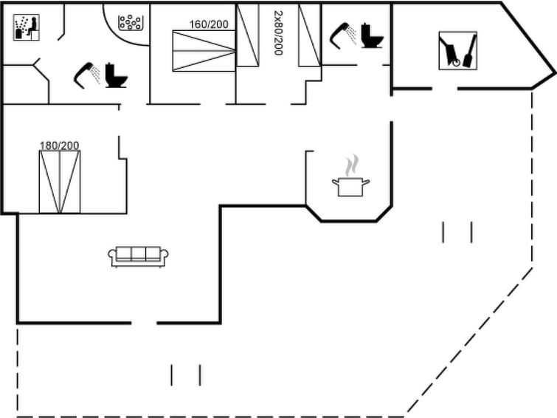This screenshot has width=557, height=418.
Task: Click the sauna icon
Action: pyautogui.click(x=27, y=27)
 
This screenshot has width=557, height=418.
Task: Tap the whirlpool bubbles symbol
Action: pyautogui.click(x=131, y=22)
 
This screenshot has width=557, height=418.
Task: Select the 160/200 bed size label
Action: pyautogui.click(x=209, y=24)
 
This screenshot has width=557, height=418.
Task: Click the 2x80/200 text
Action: pyautogui.click(x=279, y=32)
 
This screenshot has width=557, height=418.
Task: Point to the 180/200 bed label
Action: pyautogui.click(x=59, y=145)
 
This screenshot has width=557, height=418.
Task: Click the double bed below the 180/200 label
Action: pyautogui.click(x=60, y=182)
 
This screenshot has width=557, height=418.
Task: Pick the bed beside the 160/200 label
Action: pyautogui.click(x=204, y=51)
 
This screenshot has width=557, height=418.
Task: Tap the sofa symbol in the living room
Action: pyautogui.click(x=138, y=256)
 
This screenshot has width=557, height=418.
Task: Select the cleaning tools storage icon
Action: pyautogui.click(x=458, y=50)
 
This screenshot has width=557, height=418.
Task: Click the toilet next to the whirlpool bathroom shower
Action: pyautogui.click(x=116, y=75)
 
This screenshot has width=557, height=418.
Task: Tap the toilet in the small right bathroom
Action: pyautogui.click(x=373, y=35)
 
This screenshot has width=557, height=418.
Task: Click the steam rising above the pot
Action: pyautogui.click(x=351, y=165)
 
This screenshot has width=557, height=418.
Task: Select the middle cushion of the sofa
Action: pyautogui.click(x=138, y=253)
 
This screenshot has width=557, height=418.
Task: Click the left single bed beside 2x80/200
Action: pyautogui.click(x=248, y=35)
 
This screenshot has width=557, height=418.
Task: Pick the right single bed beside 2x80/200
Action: pyautogui.click(x=310, y=35)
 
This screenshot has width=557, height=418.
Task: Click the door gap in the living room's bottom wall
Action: pyautogui.click(x=144, y=323)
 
